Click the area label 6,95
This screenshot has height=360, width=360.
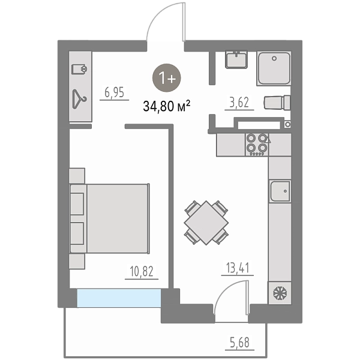(x=114, y=92)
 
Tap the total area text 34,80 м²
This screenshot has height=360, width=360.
(x=166, y=106)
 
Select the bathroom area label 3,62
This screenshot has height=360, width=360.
(x=239, y=103)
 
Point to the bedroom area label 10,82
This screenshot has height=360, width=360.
(x=142, y=271)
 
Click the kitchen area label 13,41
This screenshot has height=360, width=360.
(x=238, y=268)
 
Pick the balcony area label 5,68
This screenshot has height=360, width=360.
(x=239, y=342)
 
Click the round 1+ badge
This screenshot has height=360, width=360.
(x=167, y=78)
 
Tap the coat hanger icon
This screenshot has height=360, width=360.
(x=79, y=99)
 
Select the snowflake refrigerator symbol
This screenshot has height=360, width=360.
(x=280, y=293)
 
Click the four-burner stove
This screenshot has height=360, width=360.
(x=257, y=145)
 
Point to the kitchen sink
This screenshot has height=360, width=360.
(x=280, y=191)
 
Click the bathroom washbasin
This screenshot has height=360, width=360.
(x=236, y=59)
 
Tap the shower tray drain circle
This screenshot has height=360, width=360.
(x=274, y=59)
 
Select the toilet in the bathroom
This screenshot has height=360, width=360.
(x=277, y=103)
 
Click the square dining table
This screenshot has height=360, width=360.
(x=206, y=223)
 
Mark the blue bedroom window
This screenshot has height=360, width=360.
(x=119, y=298)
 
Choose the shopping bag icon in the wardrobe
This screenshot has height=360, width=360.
(x=79, y=69)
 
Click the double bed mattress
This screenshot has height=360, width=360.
(x=117, y=218)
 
